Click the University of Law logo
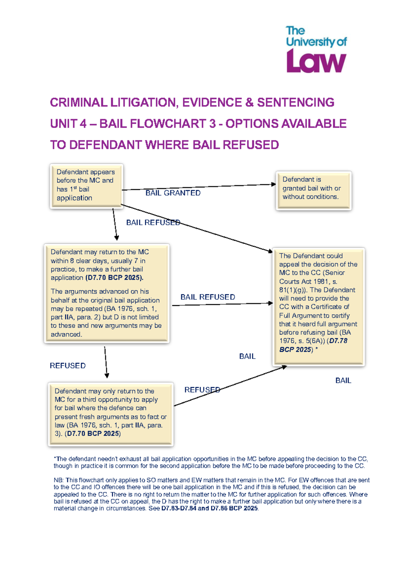tap(316, 50)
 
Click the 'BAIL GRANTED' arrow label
tap(173, 193)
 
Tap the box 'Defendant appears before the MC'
tap(86, 185)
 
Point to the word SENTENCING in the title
tap(295, 102)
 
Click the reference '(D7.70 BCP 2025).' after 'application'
tap(114, 278)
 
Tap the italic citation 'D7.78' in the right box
tap(338, 341)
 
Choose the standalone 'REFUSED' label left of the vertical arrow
tap(68, 366)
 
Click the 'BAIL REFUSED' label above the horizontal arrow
tap(208, 297)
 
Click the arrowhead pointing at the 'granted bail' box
tap(274, 184)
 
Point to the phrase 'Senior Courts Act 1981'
tap(312, 277)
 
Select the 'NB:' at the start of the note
tap(58, 480)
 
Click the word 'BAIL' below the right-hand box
tap(343, 381)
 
